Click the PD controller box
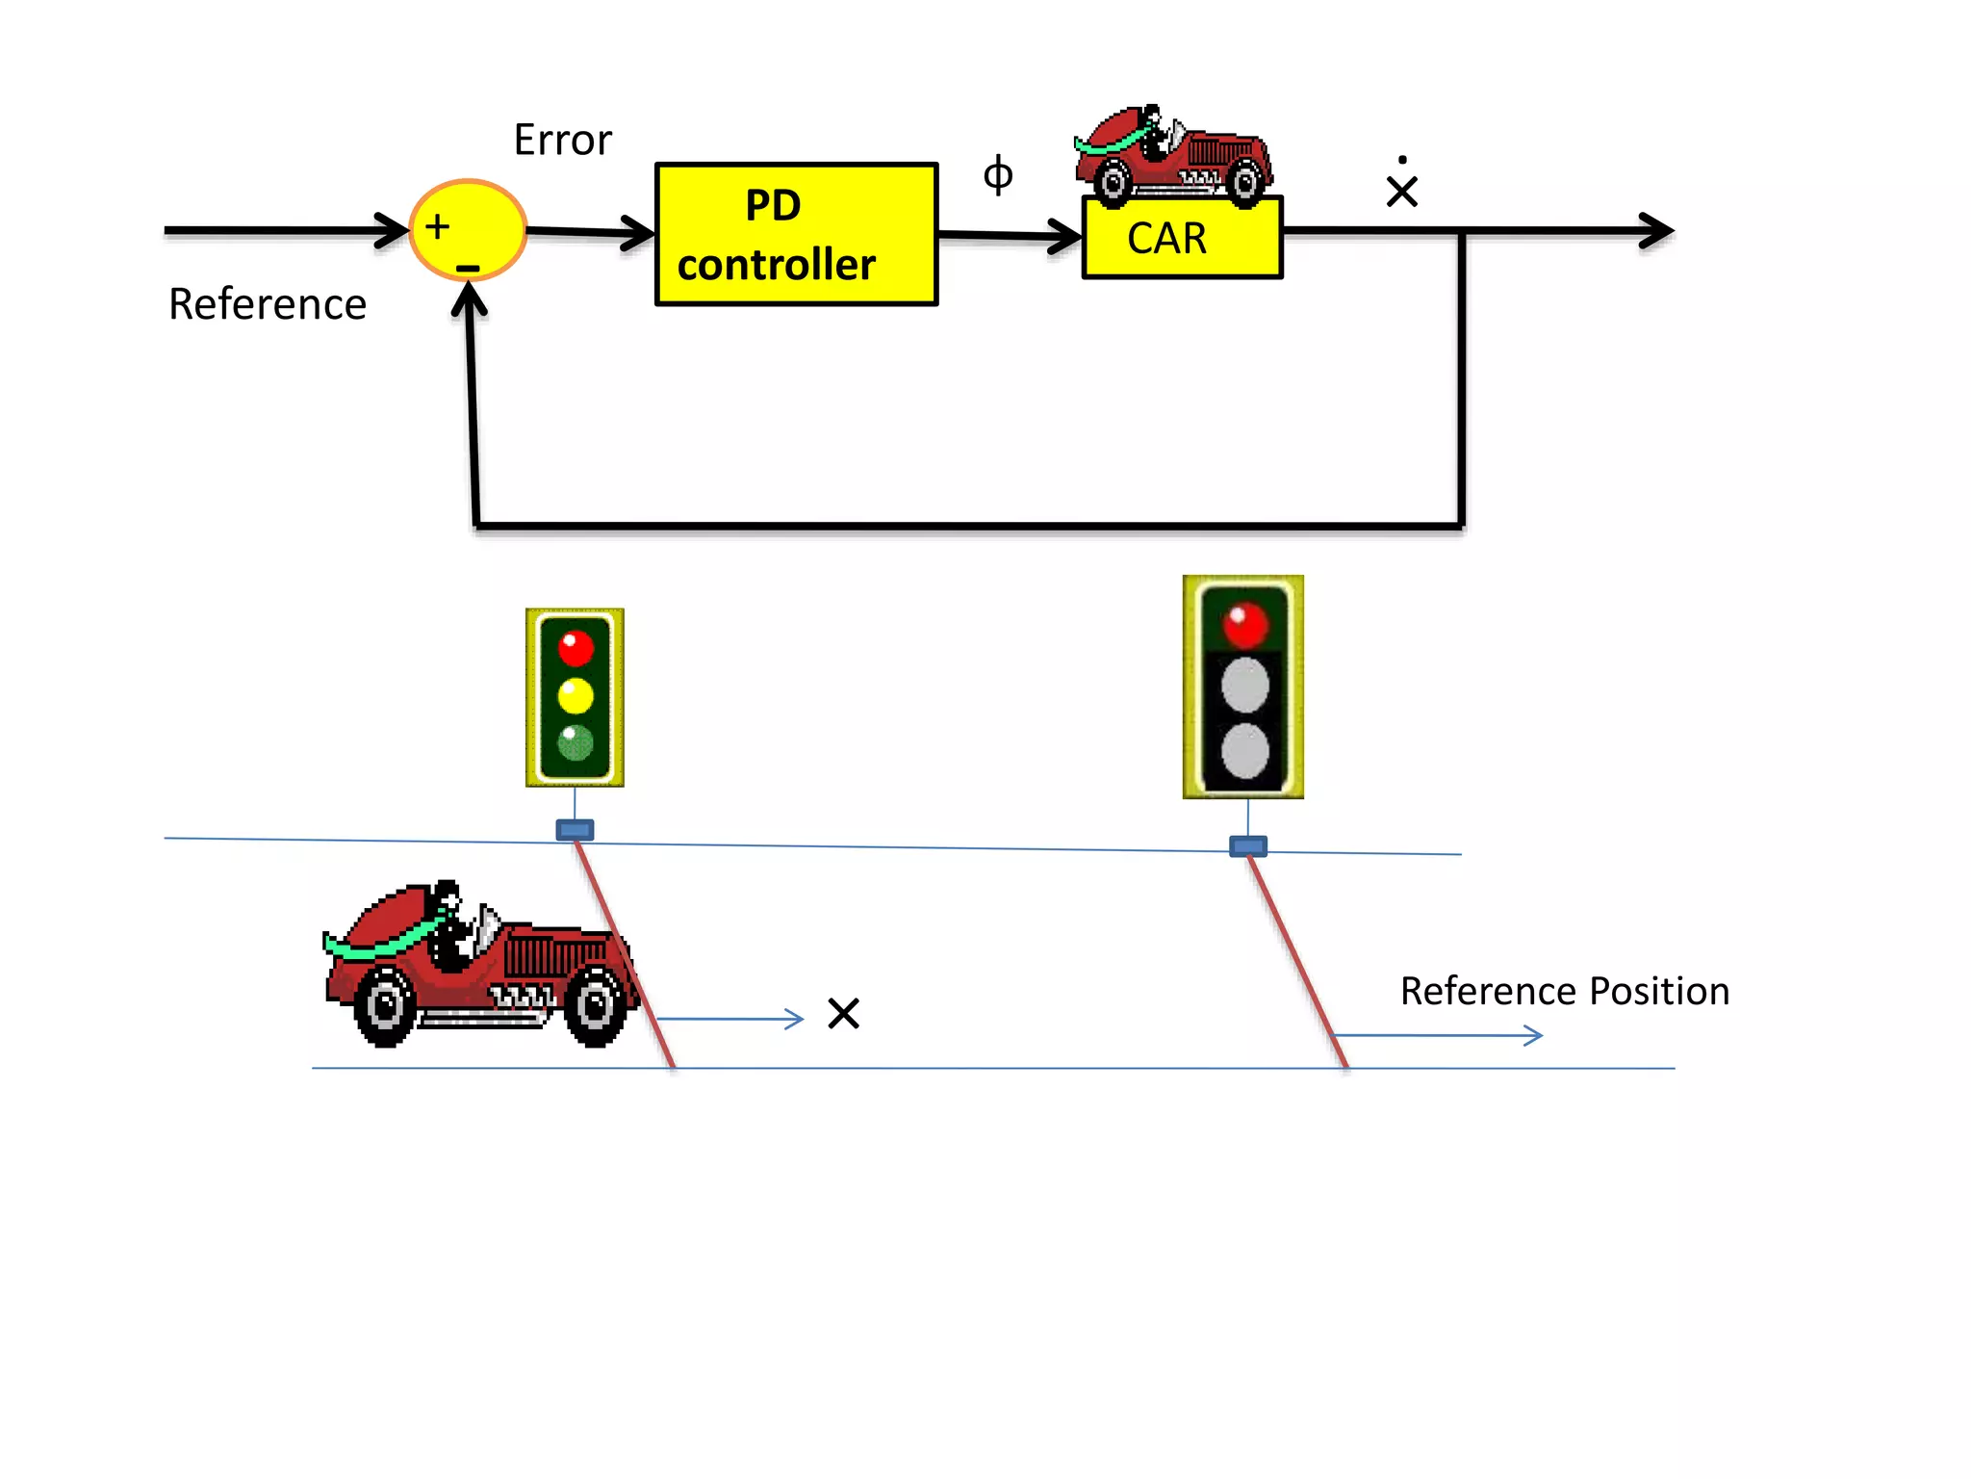click(796, 235)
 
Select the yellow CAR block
click(1182, 239)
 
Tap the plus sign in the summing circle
click(438, 226)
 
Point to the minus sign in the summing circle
click(468, 268)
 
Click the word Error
click(562, 141)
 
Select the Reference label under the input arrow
click(268, 304)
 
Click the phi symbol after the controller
click(998, 175)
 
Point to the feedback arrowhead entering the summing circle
click(470, 298)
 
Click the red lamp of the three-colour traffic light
click(576, 648)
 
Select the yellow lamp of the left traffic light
click(576, 695)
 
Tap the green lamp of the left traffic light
click(576, 742)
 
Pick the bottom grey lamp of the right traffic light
click(1245, 752)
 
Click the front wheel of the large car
click(595, 1006)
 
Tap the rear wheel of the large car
click(386, 1006)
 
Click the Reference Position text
click(1564, 992)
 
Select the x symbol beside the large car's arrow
click(843, 1014)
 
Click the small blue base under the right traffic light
click(1248, 846)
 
